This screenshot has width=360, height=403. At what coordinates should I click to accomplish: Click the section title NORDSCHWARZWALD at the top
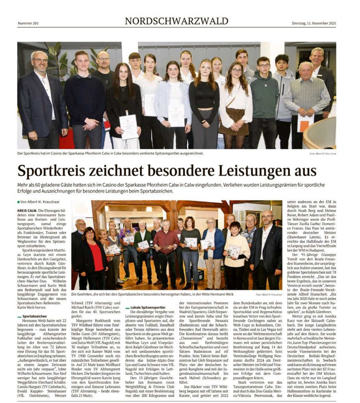click(x=176, y=21)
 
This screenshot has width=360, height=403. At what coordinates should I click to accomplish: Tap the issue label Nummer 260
click(x=28, y=23)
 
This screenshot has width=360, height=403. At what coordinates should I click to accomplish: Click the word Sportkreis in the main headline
click(x=55, y=171)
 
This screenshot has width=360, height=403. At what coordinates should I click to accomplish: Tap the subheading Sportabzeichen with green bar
click(x=35, y=316)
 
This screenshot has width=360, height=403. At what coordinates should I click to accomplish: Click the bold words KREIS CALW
click(x=28, y=211)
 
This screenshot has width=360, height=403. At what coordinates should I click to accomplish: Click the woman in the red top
click(x=94, y=256)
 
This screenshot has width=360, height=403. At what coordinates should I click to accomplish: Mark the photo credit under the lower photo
click(x=269, y=294)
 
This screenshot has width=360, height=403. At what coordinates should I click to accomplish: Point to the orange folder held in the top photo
click(x=305, y=123)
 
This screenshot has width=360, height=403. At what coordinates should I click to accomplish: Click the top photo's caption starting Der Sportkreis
click(x=106, y=153)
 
